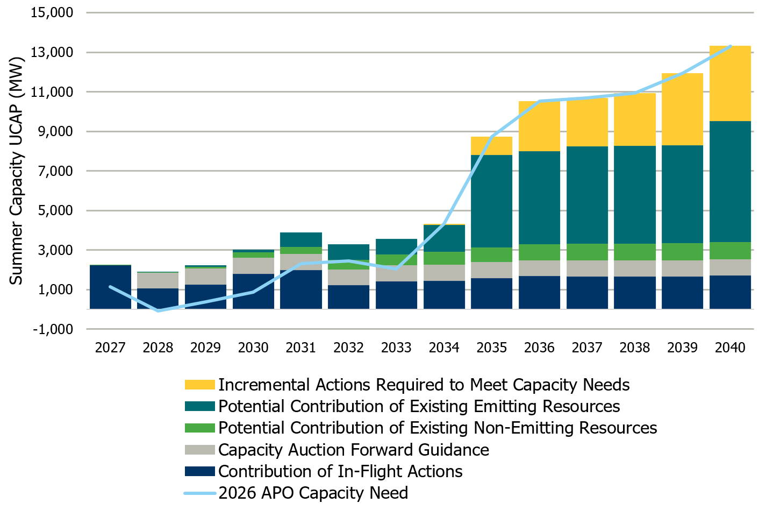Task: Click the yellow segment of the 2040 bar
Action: point(730,83)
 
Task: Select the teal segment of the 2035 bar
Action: point(491,201)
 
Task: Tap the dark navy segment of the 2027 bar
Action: point(110,287)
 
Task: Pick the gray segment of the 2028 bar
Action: point(158,280)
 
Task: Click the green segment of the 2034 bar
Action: point(444,258)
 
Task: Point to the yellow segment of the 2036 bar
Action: point(539,126)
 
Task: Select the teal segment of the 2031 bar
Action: point(301,240)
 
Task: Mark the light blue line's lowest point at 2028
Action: point(158,311)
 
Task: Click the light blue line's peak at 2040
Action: point(730,46)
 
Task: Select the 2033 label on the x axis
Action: point(396,348)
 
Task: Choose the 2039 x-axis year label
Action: point(682,348)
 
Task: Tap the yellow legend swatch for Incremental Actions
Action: point(199,385)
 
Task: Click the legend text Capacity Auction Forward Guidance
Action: point(353,450)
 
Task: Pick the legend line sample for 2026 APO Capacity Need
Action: point(199,493)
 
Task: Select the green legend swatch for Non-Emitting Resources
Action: point(199,428)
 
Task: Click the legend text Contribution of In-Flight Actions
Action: point(340,471)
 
